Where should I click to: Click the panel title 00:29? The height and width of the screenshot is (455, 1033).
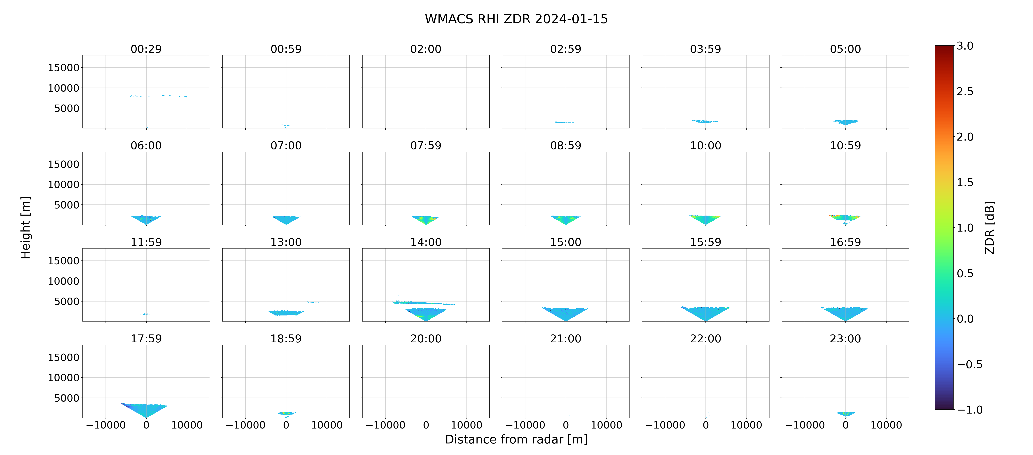tap(146, 49)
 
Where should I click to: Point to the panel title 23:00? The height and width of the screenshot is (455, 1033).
tap(845, 339)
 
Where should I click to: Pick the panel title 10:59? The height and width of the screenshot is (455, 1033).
tap(845, 145)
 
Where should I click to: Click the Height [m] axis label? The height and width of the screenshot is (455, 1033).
tap(26, 227)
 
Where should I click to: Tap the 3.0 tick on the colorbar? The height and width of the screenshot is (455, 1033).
tap(965, 46)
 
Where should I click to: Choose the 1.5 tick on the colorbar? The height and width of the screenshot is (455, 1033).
tap(965, 182)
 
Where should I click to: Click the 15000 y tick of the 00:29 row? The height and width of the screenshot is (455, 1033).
tap(63, 68)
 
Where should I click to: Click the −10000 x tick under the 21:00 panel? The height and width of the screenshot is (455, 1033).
tap(525, 425)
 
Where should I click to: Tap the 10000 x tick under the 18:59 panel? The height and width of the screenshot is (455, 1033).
tap(327, 425)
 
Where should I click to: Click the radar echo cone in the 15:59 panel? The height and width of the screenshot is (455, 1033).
tap(705, 312)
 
